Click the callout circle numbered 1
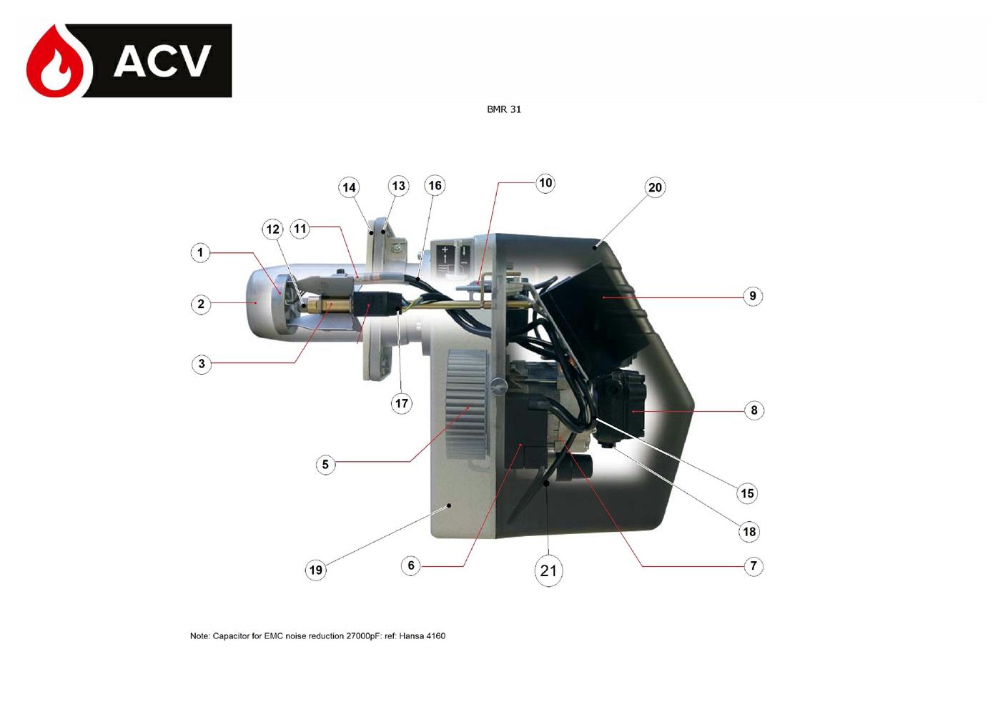click(x=200, y=252)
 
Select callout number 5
click(x=325, y=465)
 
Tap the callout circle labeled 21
click(x=548, y=570)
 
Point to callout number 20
click(x=655, y=187)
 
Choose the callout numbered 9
click(x=753, y=296)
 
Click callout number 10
click(x=545, y=183)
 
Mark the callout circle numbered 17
click(x=402, y=403)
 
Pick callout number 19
click(x=315, y=570)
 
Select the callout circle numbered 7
click(x=753, y=566)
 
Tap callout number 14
click(x=349, y=187)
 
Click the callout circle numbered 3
click(x=202, y=364)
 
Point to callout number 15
click(x=747, y=493)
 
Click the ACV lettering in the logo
click(x=162, y=61)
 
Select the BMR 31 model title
click(x=504, y=109)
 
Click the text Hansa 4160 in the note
click(x=422, y=636)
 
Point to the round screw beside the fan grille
click(x=499, y=386)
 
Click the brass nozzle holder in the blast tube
click(x=333, y=305)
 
